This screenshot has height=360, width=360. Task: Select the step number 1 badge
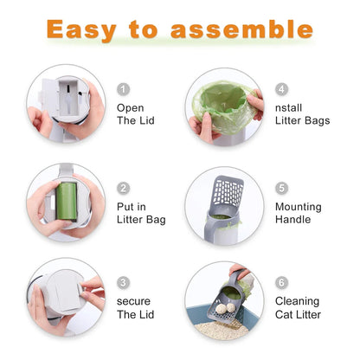(123, 89)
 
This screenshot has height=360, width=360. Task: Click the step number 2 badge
(123, 188)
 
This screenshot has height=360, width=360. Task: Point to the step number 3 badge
(123, 282)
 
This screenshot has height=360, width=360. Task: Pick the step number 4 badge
(281, 89)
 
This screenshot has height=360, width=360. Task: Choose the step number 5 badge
(281, 188)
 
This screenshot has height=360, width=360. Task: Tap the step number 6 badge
(281, 282)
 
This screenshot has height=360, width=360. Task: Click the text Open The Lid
(135, 114)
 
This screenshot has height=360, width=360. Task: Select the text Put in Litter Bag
(141, 213)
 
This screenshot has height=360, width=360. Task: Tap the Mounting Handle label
(299, 213)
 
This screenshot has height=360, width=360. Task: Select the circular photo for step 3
(65, 297)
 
